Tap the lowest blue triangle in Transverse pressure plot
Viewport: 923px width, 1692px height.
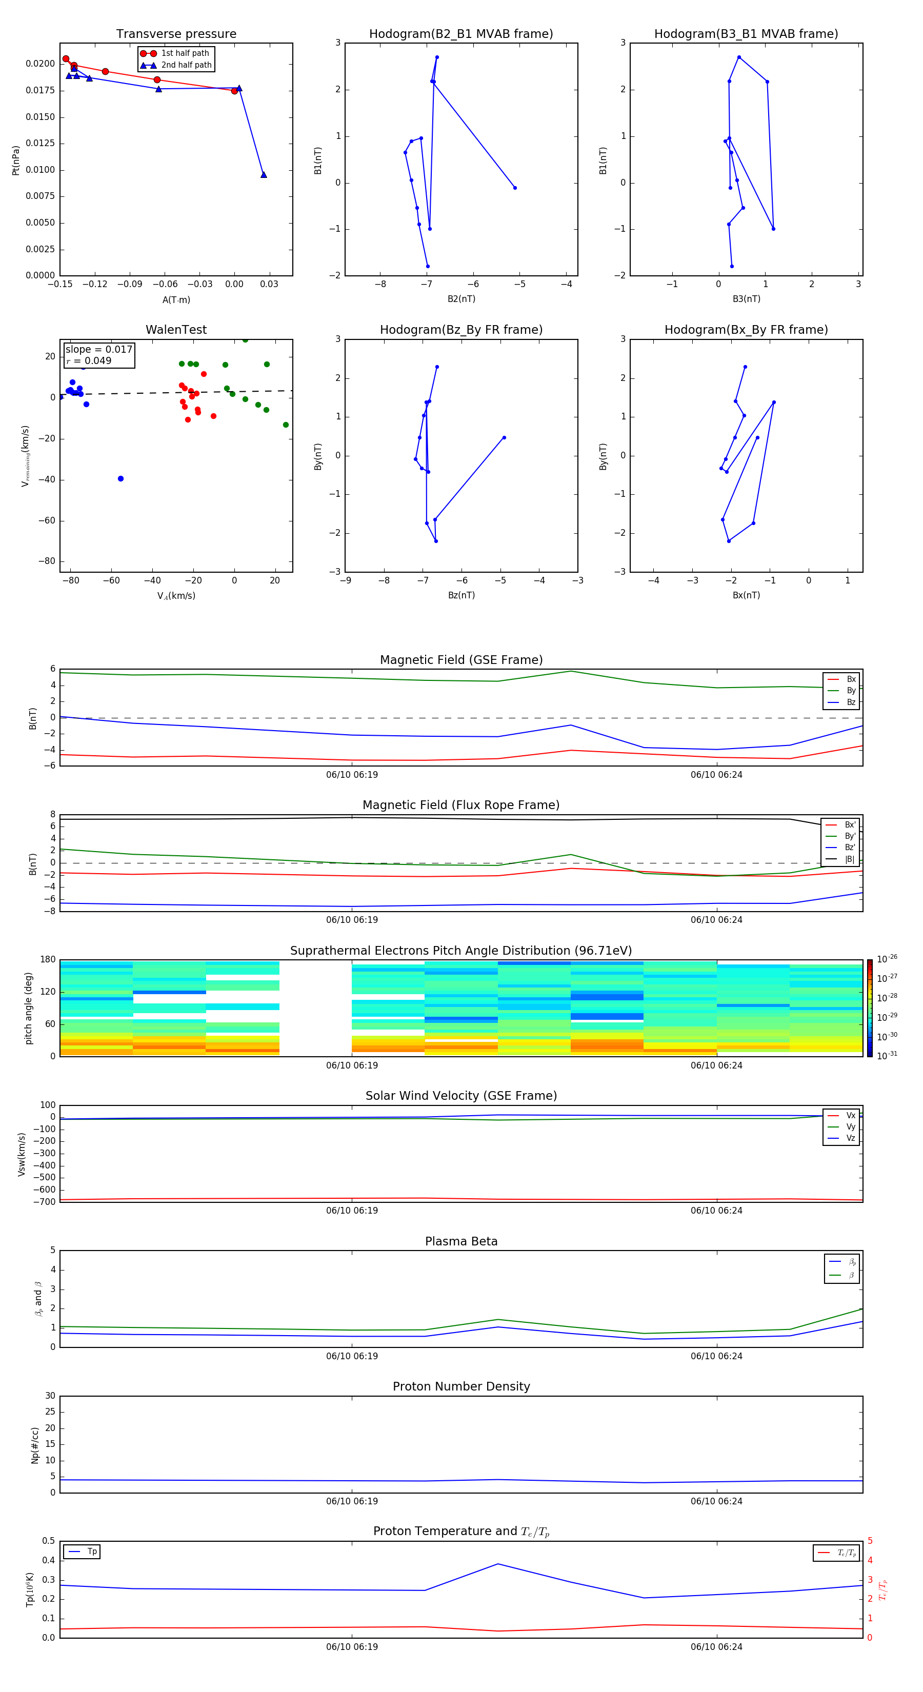pos(264,175)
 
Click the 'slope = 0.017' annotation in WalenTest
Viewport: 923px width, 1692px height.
pos(98,350)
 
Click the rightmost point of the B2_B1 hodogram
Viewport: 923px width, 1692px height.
pos(515,188)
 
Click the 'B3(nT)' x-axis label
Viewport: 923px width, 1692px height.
pos(746,299)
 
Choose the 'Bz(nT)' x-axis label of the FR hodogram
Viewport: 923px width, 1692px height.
pos(461,595)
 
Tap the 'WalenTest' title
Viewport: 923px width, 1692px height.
pos(176,330)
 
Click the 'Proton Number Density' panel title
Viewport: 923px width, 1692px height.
pos(461,1386)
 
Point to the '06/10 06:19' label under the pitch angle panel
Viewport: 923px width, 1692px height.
pos(352,1065)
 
